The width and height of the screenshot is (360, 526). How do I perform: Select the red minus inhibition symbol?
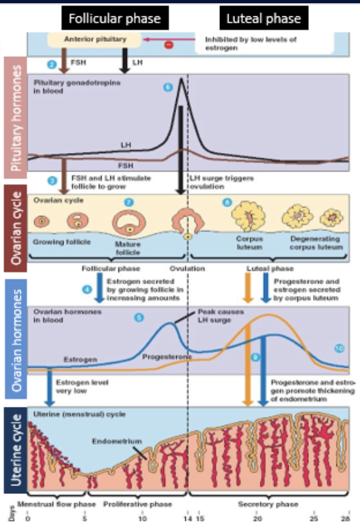coord(168,44)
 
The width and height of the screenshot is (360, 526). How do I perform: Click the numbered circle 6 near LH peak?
coord(168,87)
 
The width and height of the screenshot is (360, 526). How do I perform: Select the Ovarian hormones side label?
coord(14,340)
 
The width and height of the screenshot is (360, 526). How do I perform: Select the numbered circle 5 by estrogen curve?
coord(138,318)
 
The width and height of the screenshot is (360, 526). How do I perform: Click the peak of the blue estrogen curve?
coord(171,323)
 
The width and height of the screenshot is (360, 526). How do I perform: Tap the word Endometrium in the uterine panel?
coord(117,442)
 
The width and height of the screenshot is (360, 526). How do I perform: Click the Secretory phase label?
coord(268,504)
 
